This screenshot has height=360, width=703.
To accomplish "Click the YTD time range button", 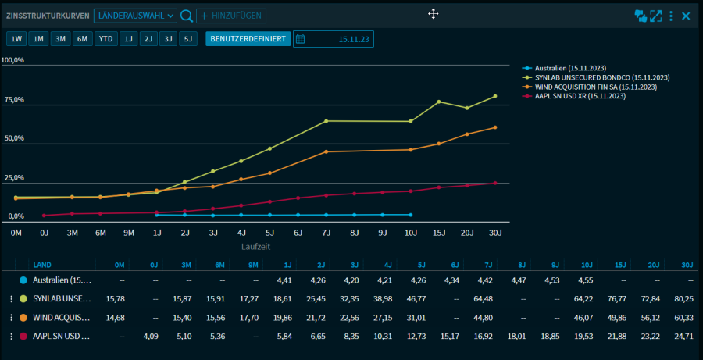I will (105, 39).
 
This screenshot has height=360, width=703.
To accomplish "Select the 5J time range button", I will (187, 39).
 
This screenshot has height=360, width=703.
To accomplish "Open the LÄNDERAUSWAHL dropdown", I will (135, 16).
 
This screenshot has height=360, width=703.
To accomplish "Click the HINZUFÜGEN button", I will (230, 16).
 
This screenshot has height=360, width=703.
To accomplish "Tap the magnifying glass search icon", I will (187, 16).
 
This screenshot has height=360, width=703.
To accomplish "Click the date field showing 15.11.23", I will (334, 39).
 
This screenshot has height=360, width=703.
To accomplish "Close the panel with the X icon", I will (686, 16).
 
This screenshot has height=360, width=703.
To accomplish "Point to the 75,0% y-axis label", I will (13, 100).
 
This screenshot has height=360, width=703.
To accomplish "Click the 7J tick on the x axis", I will (326, 232).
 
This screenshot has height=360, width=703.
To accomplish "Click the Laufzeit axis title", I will (255, 245).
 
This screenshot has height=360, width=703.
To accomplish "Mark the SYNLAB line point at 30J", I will (495, 97).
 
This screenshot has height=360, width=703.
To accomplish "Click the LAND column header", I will (42, 265).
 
